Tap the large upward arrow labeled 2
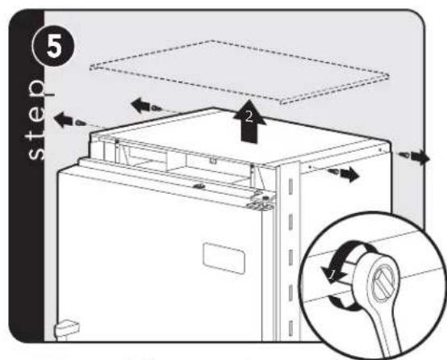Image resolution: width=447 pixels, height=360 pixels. (x=249, y=121)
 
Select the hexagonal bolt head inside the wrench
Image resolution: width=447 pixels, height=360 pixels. (x=384, y=283)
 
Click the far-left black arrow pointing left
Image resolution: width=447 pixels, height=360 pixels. (x=63, y=119)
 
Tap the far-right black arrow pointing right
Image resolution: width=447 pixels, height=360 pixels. (x=420, y=157)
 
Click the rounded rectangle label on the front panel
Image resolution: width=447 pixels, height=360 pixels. (x=224, y=258)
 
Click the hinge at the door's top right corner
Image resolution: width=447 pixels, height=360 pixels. (x=261, y=202)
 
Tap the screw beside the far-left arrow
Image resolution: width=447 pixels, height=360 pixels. (x=80, y=123)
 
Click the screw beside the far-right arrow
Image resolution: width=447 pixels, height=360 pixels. (x=404, y=155)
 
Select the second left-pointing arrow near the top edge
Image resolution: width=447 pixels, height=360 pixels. (x=140, y=105)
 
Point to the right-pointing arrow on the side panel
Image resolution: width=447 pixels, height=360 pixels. (x=350, y=174)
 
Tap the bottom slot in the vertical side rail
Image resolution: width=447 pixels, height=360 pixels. (x=290, y=328)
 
